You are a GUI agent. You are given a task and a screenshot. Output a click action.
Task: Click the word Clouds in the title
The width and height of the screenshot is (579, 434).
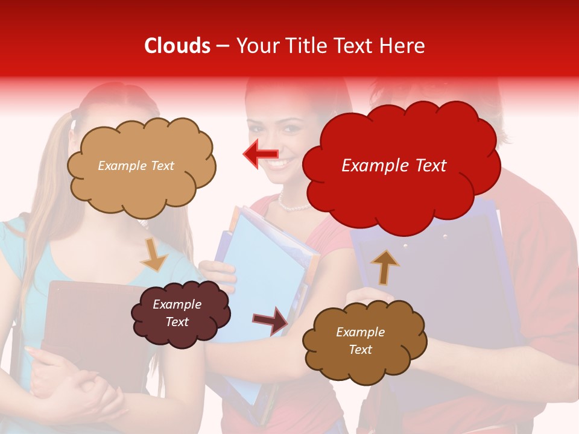177,46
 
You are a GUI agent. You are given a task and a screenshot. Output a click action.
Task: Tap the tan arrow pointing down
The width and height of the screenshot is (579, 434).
154,254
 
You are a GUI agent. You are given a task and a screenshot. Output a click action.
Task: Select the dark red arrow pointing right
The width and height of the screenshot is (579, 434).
270,319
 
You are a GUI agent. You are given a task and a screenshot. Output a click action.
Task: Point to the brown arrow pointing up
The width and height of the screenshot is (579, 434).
384,267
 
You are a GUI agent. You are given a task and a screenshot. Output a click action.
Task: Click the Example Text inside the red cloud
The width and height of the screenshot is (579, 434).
394,165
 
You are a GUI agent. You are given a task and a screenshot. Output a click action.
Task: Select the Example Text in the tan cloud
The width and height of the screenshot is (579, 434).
136,165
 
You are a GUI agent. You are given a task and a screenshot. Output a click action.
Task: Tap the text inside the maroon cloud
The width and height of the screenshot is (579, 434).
177,313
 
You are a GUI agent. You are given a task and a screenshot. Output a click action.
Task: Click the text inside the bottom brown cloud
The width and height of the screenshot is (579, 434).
360,341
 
